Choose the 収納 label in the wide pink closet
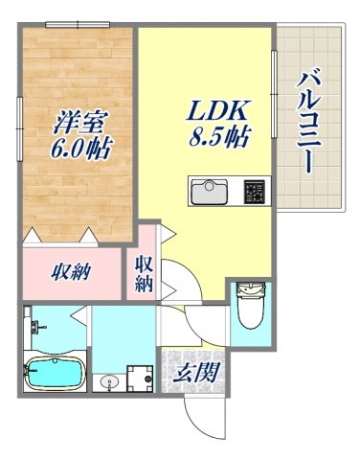(71, 271)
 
